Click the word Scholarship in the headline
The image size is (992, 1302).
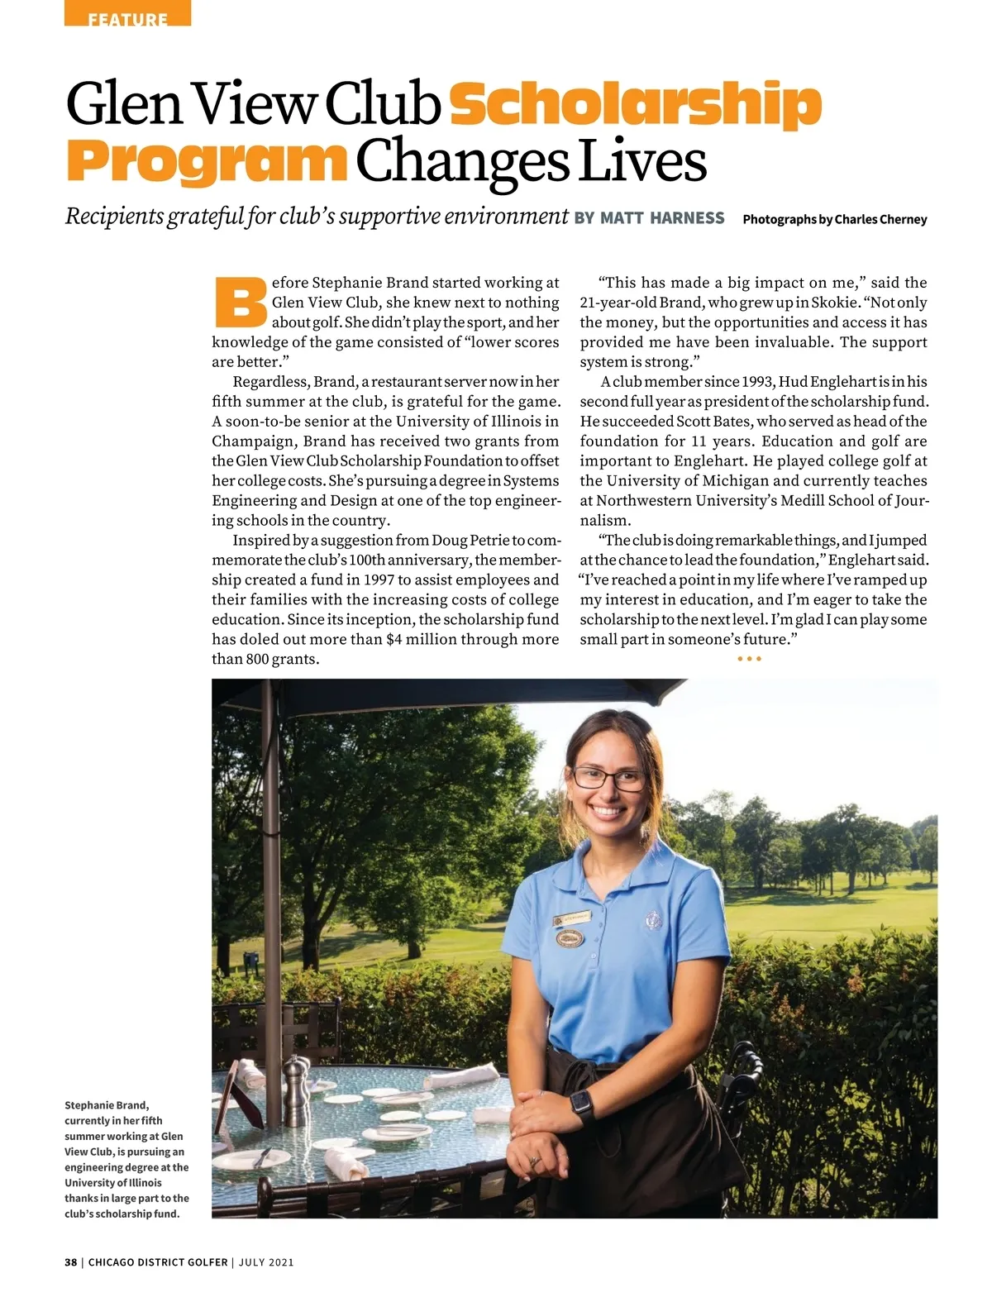(635, 104)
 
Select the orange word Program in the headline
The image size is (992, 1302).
(206, 161)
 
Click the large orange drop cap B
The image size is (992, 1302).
(240, 301)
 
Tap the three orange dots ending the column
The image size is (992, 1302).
(748, 659)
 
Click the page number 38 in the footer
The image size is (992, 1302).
(71, 1262)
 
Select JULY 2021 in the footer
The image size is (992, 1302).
(266, 1262)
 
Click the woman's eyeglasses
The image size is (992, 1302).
(608, 778)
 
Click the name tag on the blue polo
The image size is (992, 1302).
(572, 919)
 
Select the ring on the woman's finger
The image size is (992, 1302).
(534, 1161)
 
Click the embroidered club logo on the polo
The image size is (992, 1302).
(654, 919)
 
